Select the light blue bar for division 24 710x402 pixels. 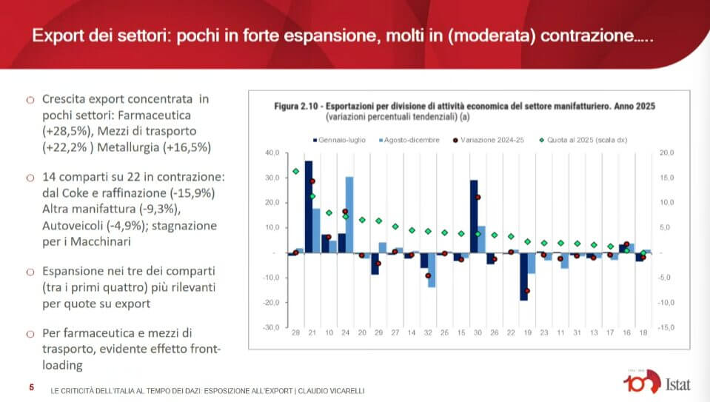pyautogui.click(x=349, y=215)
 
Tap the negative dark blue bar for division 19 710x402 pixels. pyautogui.click(x=523, y=276)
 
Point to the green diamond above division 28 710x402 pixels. pyautogui.click(x=296, y=171)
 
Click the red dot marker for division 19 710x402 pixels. pyautogui.click(x=528, y=291)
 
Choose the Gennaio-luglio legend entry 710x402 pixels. pyautogui.click(x=340, y=140)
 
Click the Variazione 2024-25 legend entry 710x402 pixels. pyautogui.click(x=492, y=140)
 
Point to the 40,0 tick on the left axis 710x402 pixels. pyautogui.click(x=271, y=153)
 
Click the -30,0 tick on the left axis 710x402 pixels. pyautogui.click(x=270, y=327)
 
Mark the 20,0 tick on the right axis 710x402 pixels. pyautogui.click(x=666, y=153)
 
